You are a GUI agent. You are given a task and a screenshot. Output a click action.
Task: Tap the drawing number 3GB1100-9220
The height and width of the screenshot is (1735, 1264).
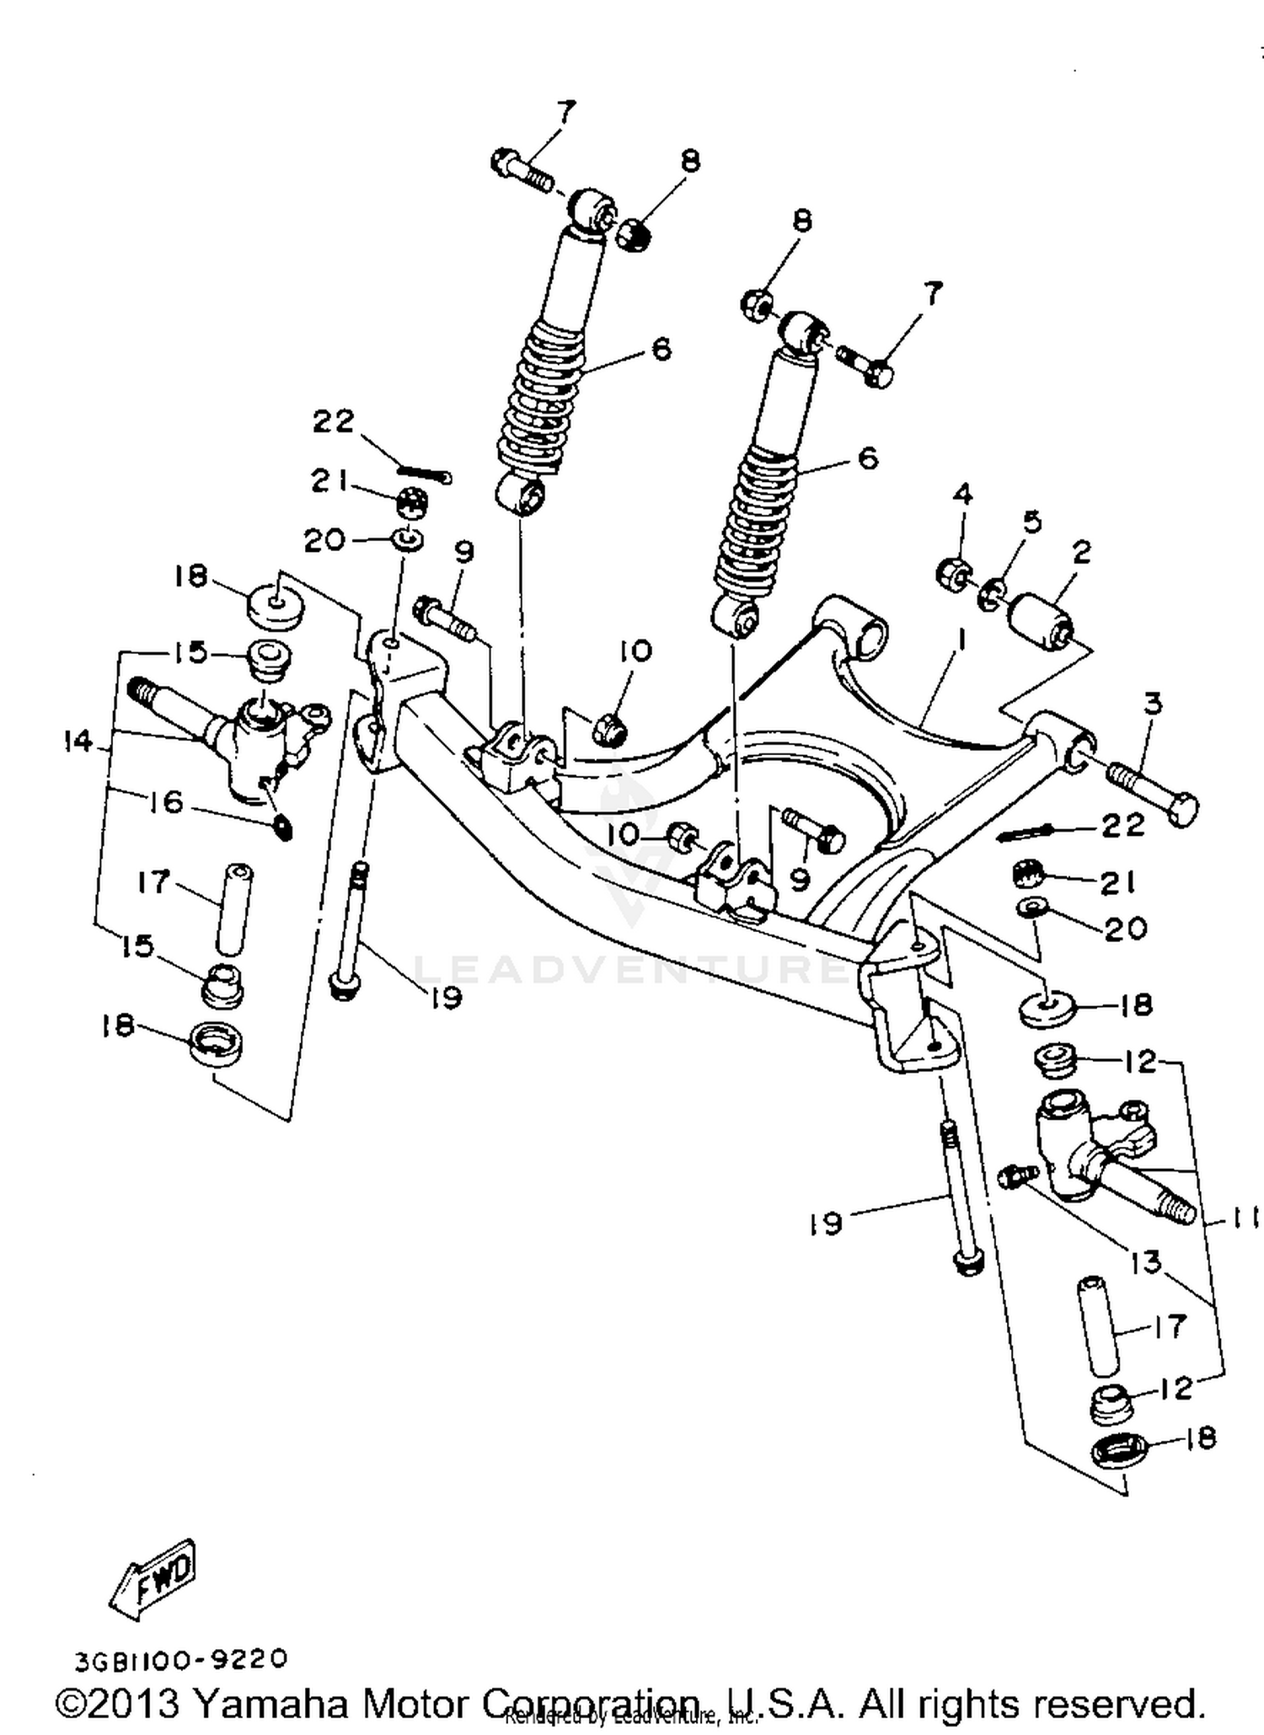click(x=182, y=1659)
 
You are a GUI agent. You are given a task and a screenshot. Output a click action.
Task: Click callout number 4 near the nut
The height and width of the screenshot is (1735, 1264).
click(x=962, y=495)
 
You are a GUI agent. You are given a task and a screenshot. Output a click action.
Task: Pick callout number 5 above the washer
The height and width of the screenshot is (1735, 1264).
click(x=1031, y=522)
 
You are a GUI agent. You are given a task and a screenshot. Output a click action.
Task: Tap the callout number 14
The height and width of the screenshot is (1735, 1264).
click(x=78, y=742)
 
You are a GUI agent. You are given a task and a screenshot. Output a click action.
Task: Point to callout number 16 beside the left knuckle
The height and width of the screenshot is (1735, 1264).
click(x=166, y=801)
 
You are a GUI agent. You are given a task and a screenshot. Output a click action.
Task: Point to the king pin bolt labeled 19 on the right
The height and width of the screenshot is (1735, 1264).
click(x=961, y=1197)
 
